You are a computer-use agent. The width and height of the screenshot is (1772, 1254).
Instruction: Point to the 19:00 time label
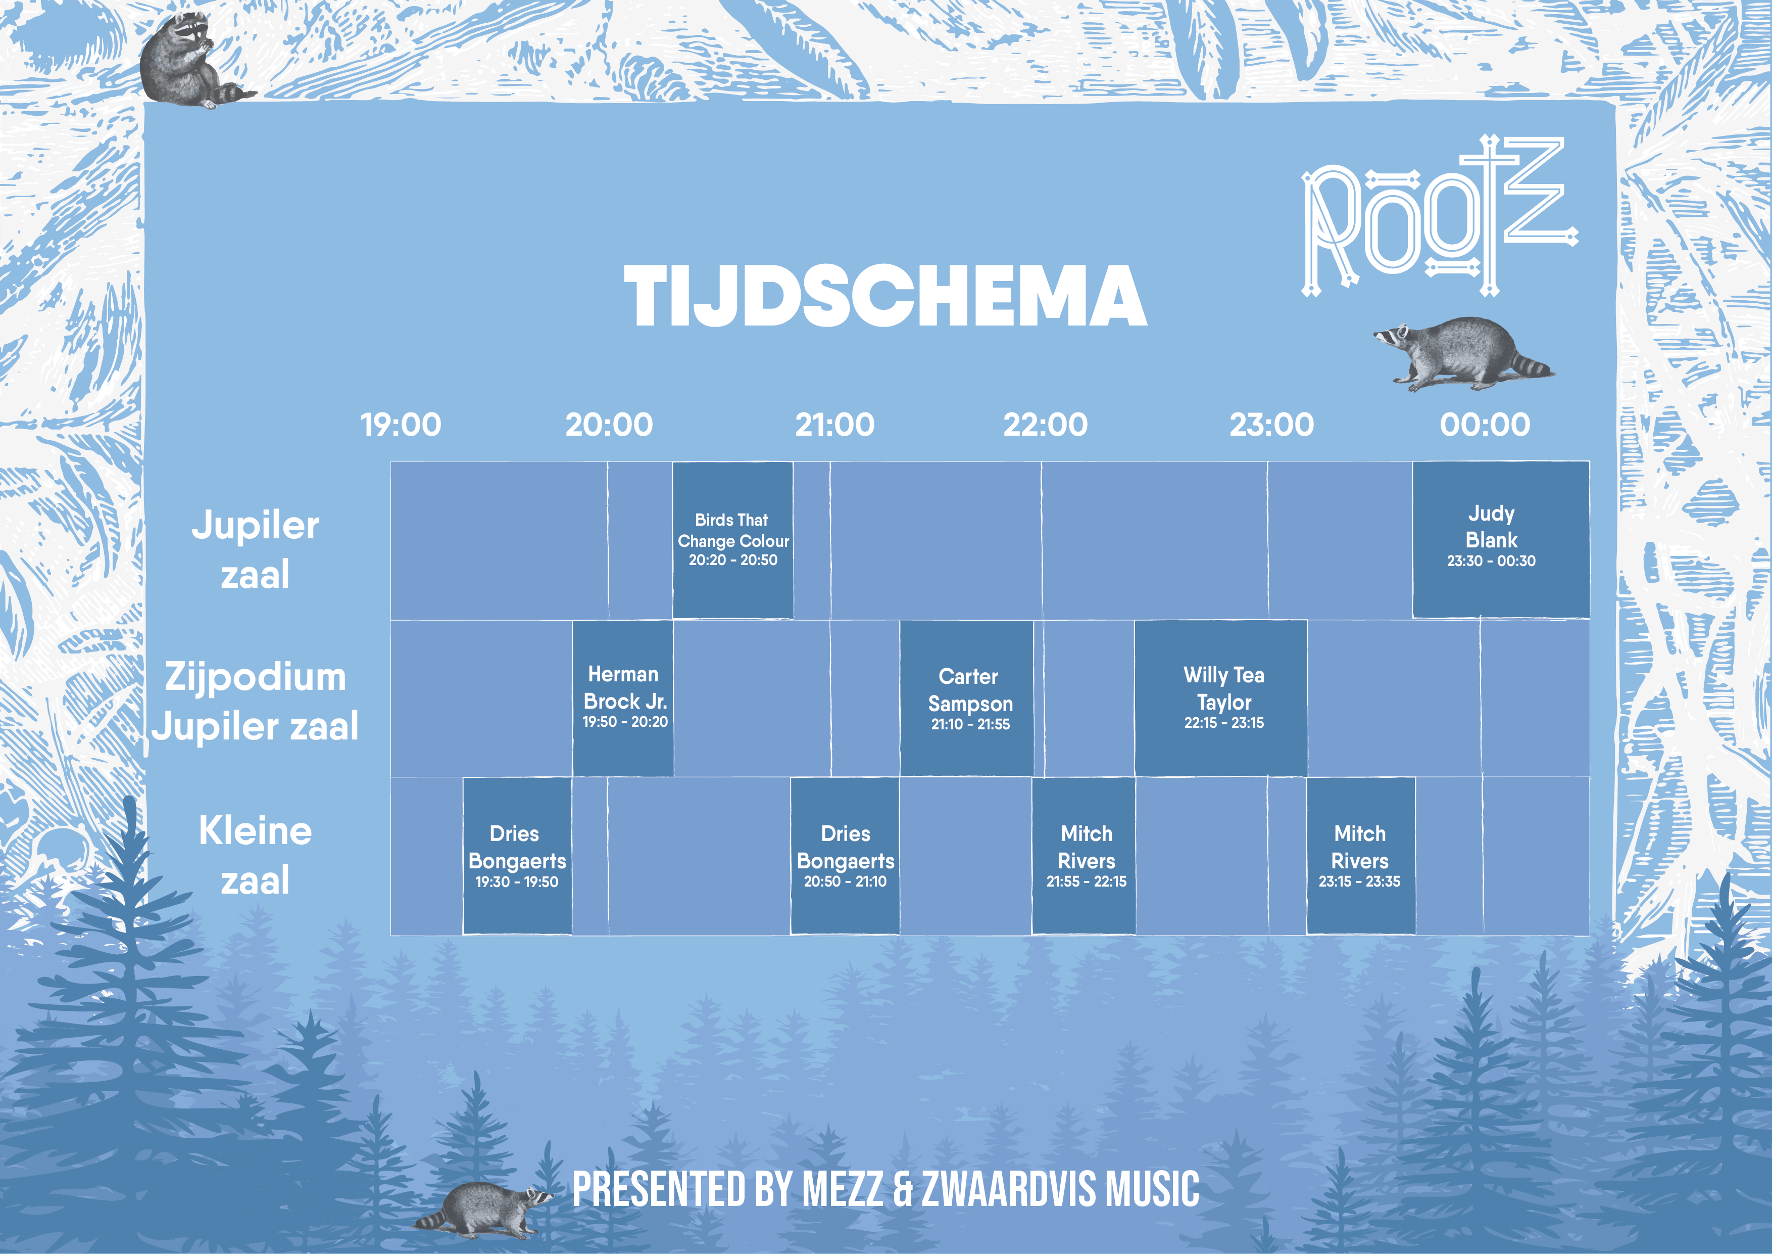(x=401, y=425)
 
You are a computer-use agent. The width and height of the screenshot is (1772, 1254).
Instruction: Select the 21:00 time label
(x=835, y=425)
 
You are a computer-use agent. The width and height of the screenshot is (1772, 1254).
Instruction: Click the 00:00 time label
(x=1485, y=425)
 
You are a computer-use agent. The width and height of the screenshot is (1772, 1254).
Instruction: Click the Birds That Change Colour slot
(x=733, y=540)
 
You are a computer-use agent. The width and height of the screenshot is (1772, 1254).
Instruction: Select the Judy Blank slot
(x=1500, y=540)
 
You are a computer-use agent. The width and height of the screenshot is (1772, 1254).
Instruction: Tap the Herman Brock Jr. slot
(x=623, y=698)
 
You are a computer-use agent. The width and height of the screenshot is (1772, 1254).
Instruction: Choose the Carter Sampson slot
(x=966, y=698)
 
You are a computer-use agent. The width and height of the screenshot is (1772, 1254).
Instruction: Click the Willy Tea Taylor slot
(x=1221, y=698)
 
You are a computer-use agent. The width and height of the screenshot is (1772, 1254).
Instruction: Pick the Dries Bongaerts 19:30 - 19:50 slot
(x=517, y=856)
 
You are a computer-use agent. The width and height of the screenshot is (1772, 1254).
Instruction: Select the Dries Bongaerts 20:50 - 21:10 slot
(x=845, y=856)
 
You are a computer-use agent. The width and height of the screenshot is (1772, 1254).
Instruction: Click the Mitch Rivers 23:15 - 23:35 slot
(x=1361, y=856)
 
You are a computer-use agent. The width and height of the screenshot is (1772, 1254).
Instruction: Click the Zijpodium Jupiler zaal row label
(x=256, y=701)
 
